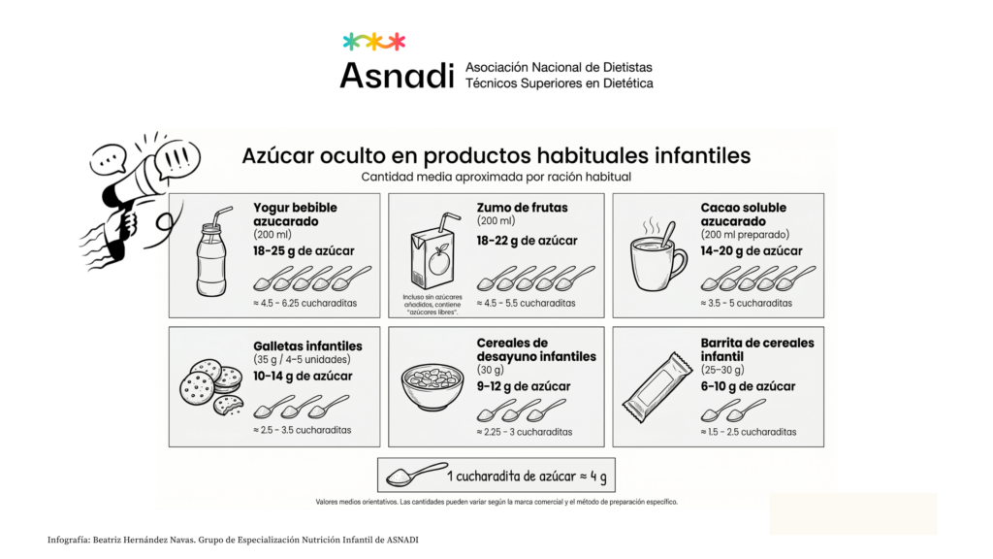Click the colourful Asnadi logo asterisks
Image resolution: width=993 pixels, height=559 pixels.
coord(373,42)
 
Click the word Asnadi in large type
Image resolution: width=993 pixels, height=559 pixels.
coord(397,76)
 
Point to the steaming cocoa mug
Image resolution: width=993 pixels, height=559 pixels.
coord(658,255)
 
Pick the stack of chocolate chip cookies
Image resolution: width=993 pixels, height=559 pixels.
coord(210,387)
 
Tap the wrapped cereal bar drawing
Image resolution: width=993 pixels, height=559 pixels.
coord(657,386)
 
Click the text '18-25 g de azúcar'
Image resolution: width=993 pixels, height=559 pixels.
coord(304,251)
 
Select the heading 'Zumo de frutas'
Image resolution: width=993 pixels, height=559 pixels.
coord(522,208)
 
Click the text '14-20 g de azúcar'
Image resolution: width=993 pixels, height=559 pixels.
coord(752,251)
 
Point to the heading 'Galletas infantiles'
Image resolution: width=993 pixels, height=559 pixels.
coord(307,346)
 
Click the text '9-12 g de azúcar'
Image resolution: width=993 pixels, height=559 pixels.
coord(523,386)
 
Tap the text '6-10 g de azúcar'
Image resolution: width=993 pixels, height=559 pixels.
coord(748,386)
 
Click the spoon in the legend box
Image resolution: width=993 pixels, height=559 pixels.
coord(416,475)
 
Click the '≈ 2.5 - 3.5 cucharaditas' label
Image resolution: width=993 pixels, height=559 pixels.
coord(303,430)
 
